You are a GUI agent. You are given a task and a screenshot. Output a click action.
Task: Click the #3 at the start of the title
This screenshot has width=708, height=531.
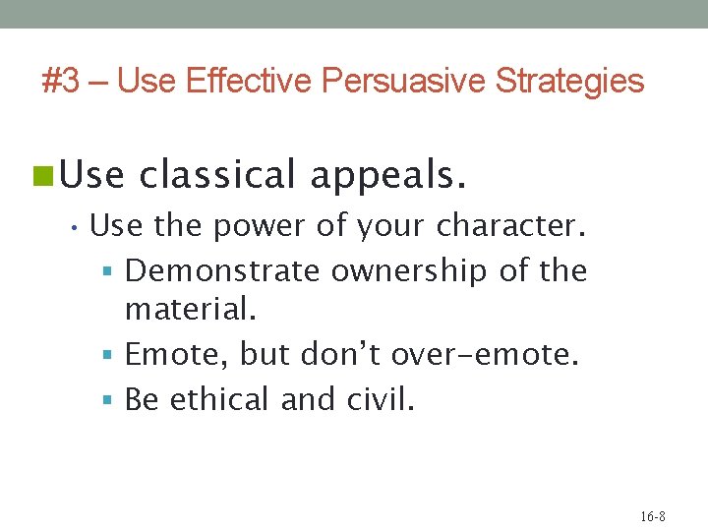[x=61, y=81]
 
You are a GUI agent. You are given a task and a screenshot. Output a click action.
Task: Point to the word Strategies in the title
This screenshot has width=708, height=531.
[x=569, y=81]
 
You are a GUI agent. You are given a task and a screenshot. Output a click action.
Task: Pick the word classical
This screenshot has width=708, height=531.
[x=217, y=175]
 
